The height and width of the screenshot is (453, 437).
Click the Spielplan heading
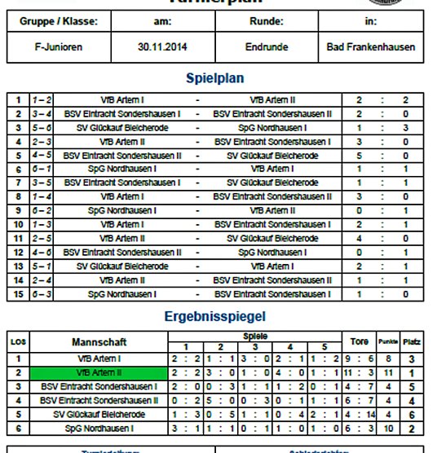coord(218,79)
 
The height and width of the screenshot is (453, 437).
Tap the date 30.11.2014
coord(162,47)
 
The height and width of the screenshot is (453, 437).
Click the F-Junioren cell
coord(59,47)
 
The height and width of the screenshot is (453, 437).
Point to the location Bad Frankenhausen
coord(370,47)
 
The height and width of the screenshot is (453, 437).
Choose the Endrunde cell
coord(267,47)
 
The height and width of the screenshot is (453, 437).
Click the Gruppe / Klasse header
coord(59,21)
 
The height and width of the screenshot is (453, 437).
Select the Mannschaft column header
coord(99,342)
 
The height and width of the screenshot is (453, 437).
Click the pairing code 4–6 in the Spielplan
coord(42,252)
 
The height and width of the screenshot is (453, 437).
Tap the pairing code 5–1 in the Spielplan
coord(42,266)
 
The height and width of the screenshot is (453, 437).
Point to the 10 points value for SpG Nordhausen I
coord(389,427)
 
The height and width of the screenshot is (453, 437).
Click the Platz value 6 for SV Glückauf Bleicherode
coord(412,413)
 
